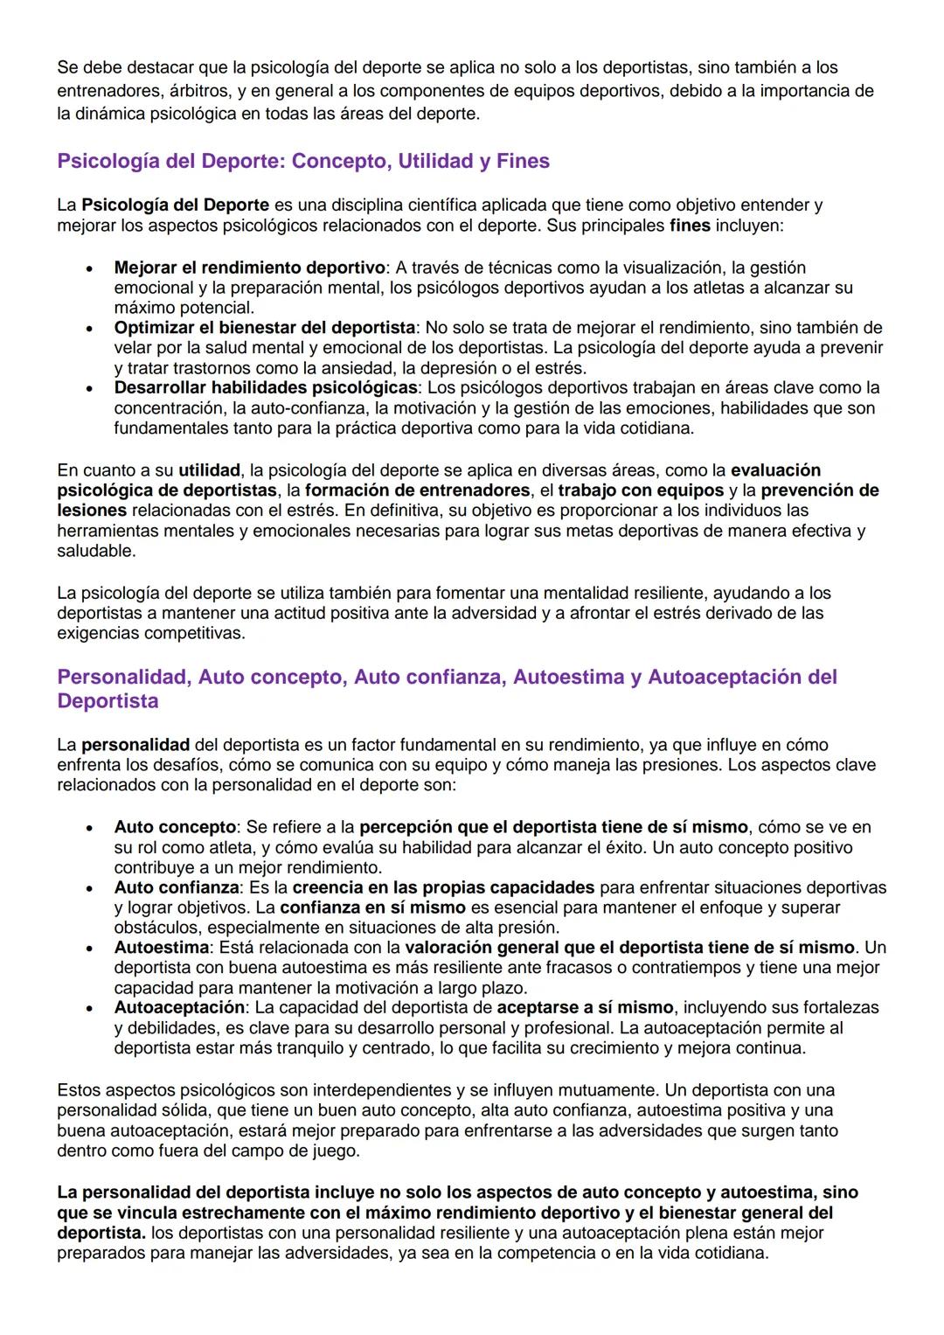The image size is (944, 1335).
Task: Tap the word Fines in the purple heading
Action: (523, 162)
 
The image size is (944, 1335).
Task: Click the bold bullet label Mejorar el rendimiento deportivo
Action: (249, 268)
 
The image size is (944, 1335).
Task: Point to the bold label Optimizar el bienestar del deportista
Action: (264, 328)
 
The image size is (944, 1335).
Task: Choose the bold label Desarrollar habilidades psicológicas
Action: (266, 387)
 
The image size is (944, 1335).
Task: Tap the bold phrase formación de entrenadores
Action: (417, 490)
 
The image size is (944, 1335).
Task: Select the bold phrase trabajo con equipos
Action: (641, 490)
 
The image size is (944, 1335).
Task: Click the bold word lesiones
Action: (92, 511)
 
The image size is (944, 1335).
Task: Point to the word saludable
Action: (96, 552)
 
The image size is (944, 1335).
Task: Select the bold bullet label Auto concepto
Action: (175, 827)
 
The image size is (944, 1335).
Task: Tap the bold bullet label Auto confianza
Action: (176, 887)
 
